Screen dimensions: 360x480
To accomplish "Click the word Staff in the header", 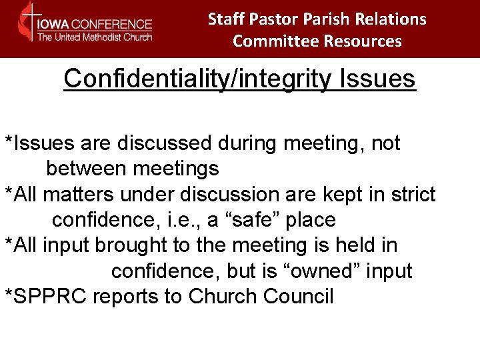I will click(x=225, y=19).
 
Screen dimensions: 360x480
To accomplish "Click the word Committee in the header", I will click(x=276, y=41).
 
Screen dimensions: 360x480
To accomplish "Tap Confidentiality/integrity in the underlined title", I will click(x=198, y=79).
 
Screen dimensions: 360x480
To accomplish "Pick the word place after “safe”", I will click(x=307, y=220).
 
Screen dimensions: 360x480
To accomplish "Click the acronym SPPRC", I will click(x=49, y=297).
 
